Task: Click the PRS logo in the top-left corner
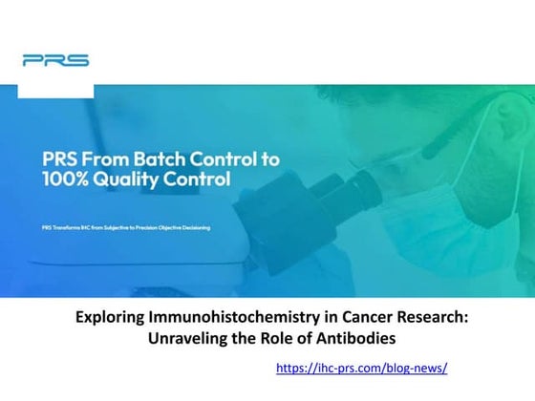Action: [55, 60]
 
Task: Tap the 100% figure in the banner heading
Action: [67, 178]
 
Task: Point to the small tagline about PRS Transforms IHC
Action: [125, 227]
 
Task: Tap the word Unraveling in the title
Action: [187, 339]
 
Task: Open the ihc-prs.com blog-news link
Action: [361, 368]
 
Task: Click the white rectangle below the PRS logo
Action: [55, 90]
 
